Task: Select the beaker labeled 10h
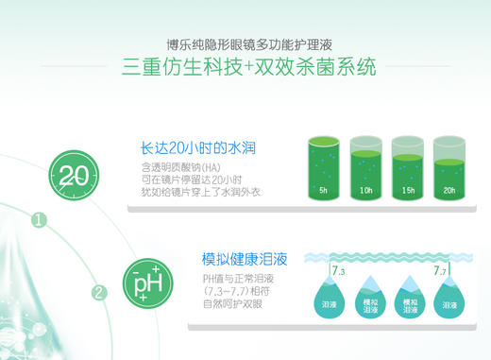coord(364,170)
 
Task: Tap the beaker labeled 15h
coord(407,170)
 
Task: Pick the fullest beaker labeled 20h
coord(449,170)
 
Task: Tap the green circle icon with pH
coord(148,281)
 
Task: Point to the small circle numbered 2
coord(98,291)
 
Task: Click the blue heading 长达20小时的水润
coord(199,148)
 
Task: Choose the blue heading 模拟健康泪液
coord(245,258)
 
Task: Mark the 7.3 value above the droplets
coord(339,272)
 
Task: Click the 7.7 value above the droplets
coord(440,272)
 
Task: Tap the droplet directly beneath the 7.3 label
coord(330,302)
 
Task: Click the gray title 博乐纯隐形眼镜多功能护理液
coord(245,44)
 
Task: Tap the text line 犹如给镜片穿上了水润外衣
coord(203,193)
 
